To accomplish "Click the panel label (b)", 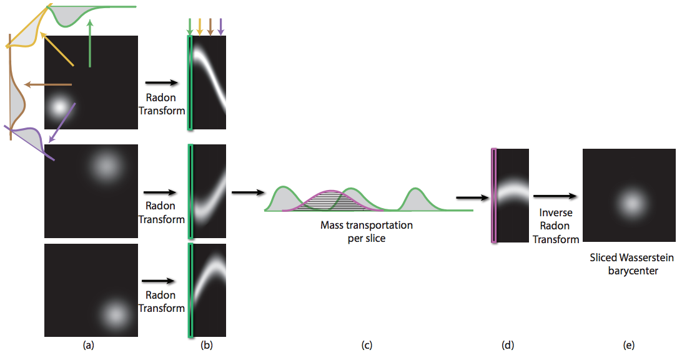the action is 207,344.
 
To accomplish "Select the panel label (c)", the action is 367,344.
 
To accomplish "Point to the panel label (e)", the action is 628,344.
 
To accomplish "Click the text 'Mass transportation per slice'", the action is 366,231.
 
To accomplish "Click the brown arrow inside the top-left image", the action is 47,84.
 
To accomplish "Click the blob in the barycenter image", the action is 630,201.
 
